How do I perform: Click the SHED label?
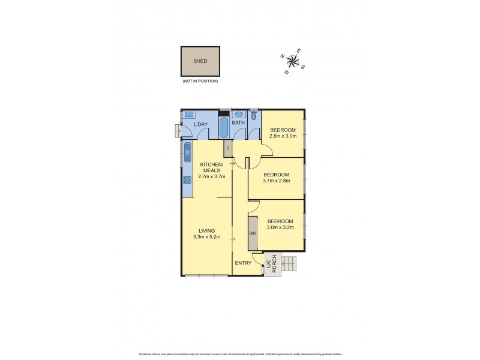point(200,61)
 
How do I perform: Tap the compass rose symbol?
point(293,60)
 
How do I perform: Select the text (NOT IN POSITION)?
point(200,80)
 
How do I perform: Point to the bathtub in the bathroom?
point(223,127)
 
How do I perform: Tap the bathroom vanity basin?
point(238,113)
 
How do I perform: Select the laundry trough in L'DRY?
point(188,113)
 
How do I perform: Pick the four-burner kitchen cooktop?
point(187,178)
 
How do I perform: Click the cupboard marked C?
point(228,148)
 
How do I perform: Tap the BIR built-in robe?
point(253,232)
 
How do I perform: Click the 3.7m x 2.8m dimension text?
point(277,181)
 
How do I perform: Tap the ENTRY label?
point(243,263)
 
